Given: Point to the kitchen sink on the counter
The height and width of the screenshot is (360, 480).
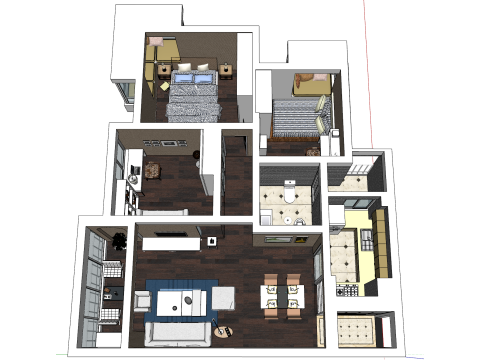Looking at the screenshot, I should tap(367, 240).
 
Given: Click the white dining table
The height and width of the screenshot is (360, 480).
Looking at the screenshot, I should tap(281, 294).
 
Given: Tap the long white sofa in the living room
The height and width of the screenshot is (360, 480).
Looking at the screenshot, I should tap(176, 334).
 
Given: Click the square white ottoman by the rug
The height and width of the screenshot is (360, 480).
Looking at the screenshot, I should tap(225, 294).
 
